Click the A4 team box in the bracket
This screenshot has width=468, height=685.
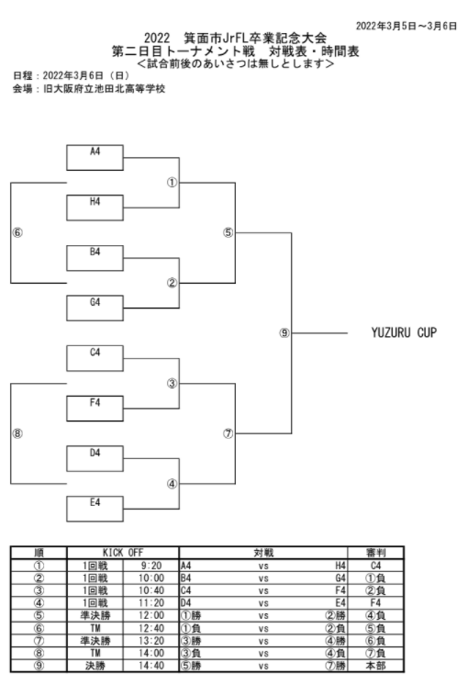click(x=95, y=157)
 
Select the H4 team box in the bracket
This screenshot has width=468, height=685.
click(x=95, y=208)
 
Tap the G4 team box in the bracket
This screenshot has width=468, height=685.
click(x=95, y=308)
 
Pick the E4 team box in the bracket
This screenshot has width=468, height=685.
click(x=95, y=509)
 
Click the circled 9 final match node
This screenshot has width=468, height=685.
click(x=284, y=333)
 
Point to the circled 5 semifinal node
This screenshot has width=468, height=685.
click(x=228, y=233)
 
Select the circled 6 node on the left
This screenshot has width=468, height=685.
click(x=17, y=233)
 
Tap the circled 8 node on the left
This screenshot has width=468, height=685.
click(x=17, y=433)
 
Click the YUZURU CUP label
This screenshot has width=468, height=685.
click(x=404, y=333)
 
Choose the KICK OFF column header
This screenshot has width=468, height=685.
click(x=123, y=553)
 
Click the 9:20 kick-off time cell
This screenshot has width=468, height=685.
click(x=151, y=566)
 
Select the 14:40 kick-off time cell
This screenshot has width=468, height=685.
click(x=151, y=666)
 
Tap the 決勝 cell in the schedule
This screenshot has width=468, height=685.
click(x=95, y=666)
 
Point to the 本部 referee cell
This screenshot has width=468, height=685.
click(x=375, y=666)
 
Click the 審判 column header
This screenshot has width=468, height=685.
click(x=375, y=553)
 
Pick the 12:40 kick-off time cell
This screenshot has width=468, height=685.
click(x=151, y=628)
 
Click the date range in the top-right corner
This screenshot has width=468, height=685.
click(x=407, y=27)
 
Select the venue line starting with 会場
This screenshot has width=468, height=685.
click(x=89, y=89)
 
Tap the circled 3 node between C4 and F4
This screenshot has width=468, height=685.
click(x=172, y=384)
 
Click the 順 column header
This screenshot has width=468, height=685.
click(x=39, y=553)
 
